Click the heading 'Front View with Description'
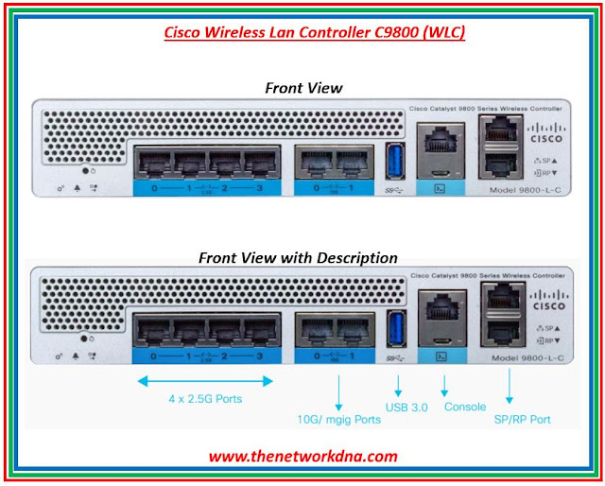point(298,257)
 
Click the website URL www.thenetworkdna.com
point(302,457)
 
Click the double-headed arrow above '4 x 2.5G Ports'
point(205,380)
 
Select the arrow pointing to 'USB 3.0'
point(398,386)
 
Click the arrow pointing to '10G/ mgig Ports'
point(337,391)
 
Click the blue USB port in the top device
point(395,163)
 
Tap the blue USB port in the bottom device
point(395,328)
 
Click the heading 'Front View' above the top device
point(302,88)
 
